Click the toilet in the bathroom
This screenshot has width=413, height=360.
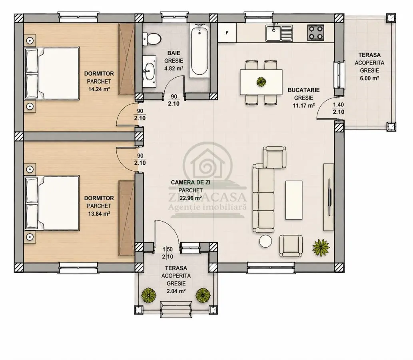click(x=152, y=39)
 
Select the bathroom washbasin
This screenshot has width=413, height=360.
click(x=150, y=71)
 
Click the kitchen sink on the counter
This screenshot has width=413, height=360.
click(x=279, y=33)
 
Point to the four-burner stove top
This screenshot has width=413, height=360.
click(x=315, y=33)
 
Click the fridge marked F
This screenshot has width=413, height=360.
click(x=227, y=33)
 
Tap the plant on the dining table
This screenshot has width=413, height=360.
click(x=261, y=82)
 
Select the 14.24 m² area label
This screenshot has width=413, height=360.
click(x=99, y=89)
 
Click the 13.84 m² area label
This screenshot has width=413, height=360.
click(x=99, y=214)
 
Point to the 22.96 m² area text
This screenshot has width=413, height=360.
click(x=191, y=198)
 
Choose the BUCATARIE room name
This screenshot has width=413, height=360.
click(x=304, y=90)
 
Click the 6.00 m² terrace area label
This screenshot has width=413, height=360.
click(x=369, y=78)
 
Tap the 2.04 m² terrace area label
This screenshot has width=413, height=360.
click(x=176, y=291)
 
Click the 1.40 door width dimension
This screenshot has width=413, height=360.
click(x=339, y=105)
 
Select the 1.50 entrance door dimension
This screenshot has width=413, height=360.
click(x=168, y=249)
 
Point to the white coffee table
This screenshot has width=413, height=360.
click(x=294, y=200)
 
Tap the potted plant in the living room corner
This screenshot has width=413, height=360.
click(x=321, y=248)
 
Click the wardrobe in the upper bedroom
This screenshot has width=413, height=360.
click(x=126, y=59)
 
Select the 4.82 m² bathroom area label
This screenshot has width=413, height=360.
click(x=174, y=68)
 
